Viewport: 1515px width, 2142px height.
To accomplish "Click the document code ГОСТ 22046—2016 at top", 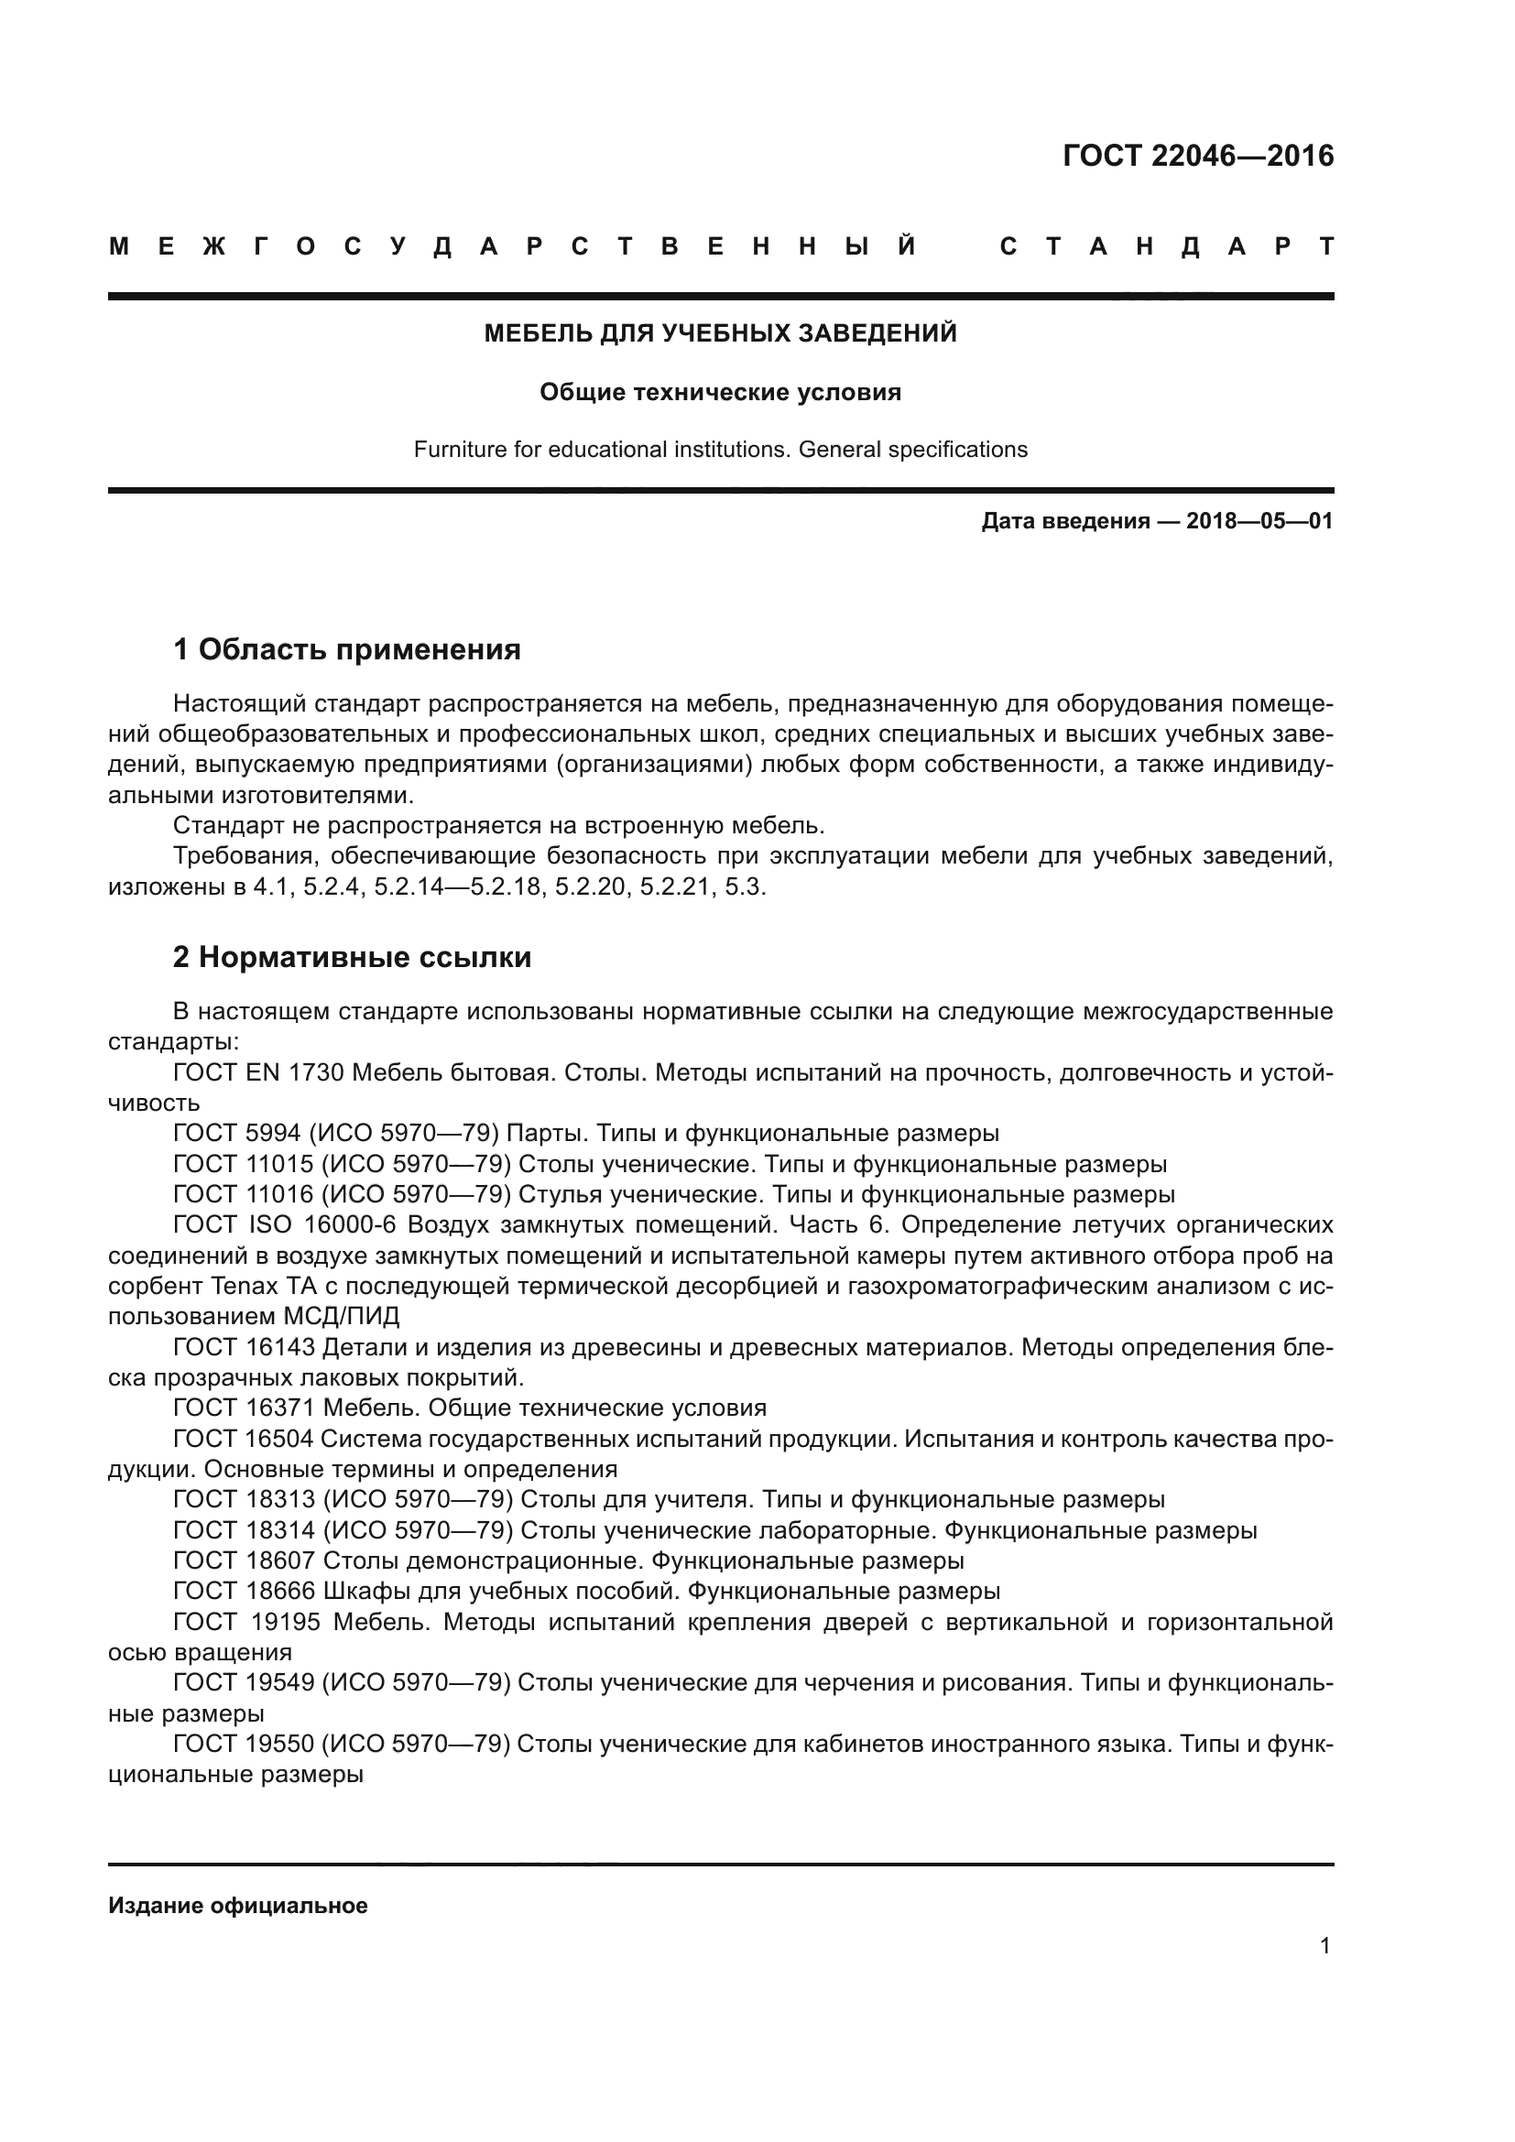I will (1198, 156).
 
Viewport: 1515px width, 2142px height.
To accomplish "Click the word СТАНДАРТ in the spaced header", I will (1166, 247).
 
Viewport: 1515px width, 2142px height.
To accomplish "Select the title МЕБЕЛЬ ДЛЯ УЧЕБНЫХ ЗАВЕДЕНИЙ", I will (720, 333).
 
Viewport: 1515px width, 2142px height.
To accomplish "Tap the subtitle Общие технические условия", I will (720, 392).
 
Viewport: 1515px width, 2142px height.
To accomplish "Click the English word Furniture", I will (460, 450).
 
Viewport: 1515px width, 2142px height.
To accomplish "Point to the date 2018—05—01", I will (1259, 521).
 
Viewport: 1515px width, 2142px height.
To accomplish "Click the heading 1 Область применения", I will (347, 649).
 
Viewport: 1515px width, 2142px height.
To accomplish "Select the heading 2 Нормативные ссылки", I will (352, 957).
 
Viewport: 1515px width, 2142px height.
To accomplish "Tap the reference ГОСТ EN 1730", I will (258, 1073).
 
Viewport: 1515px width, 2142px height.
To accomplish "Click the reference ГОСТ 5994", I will (237, 1134).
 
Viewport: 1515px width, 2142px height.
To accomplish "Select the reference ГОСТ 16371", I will (245, 1408).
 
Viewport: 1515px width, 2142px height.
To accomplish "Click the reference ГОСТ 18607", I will (245, 1560).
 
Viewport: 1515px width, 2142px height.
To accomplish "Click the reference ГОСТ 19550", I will (245, 1744).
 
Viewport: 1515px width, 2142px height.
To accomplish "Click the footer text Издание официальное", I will (238, 1906).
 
